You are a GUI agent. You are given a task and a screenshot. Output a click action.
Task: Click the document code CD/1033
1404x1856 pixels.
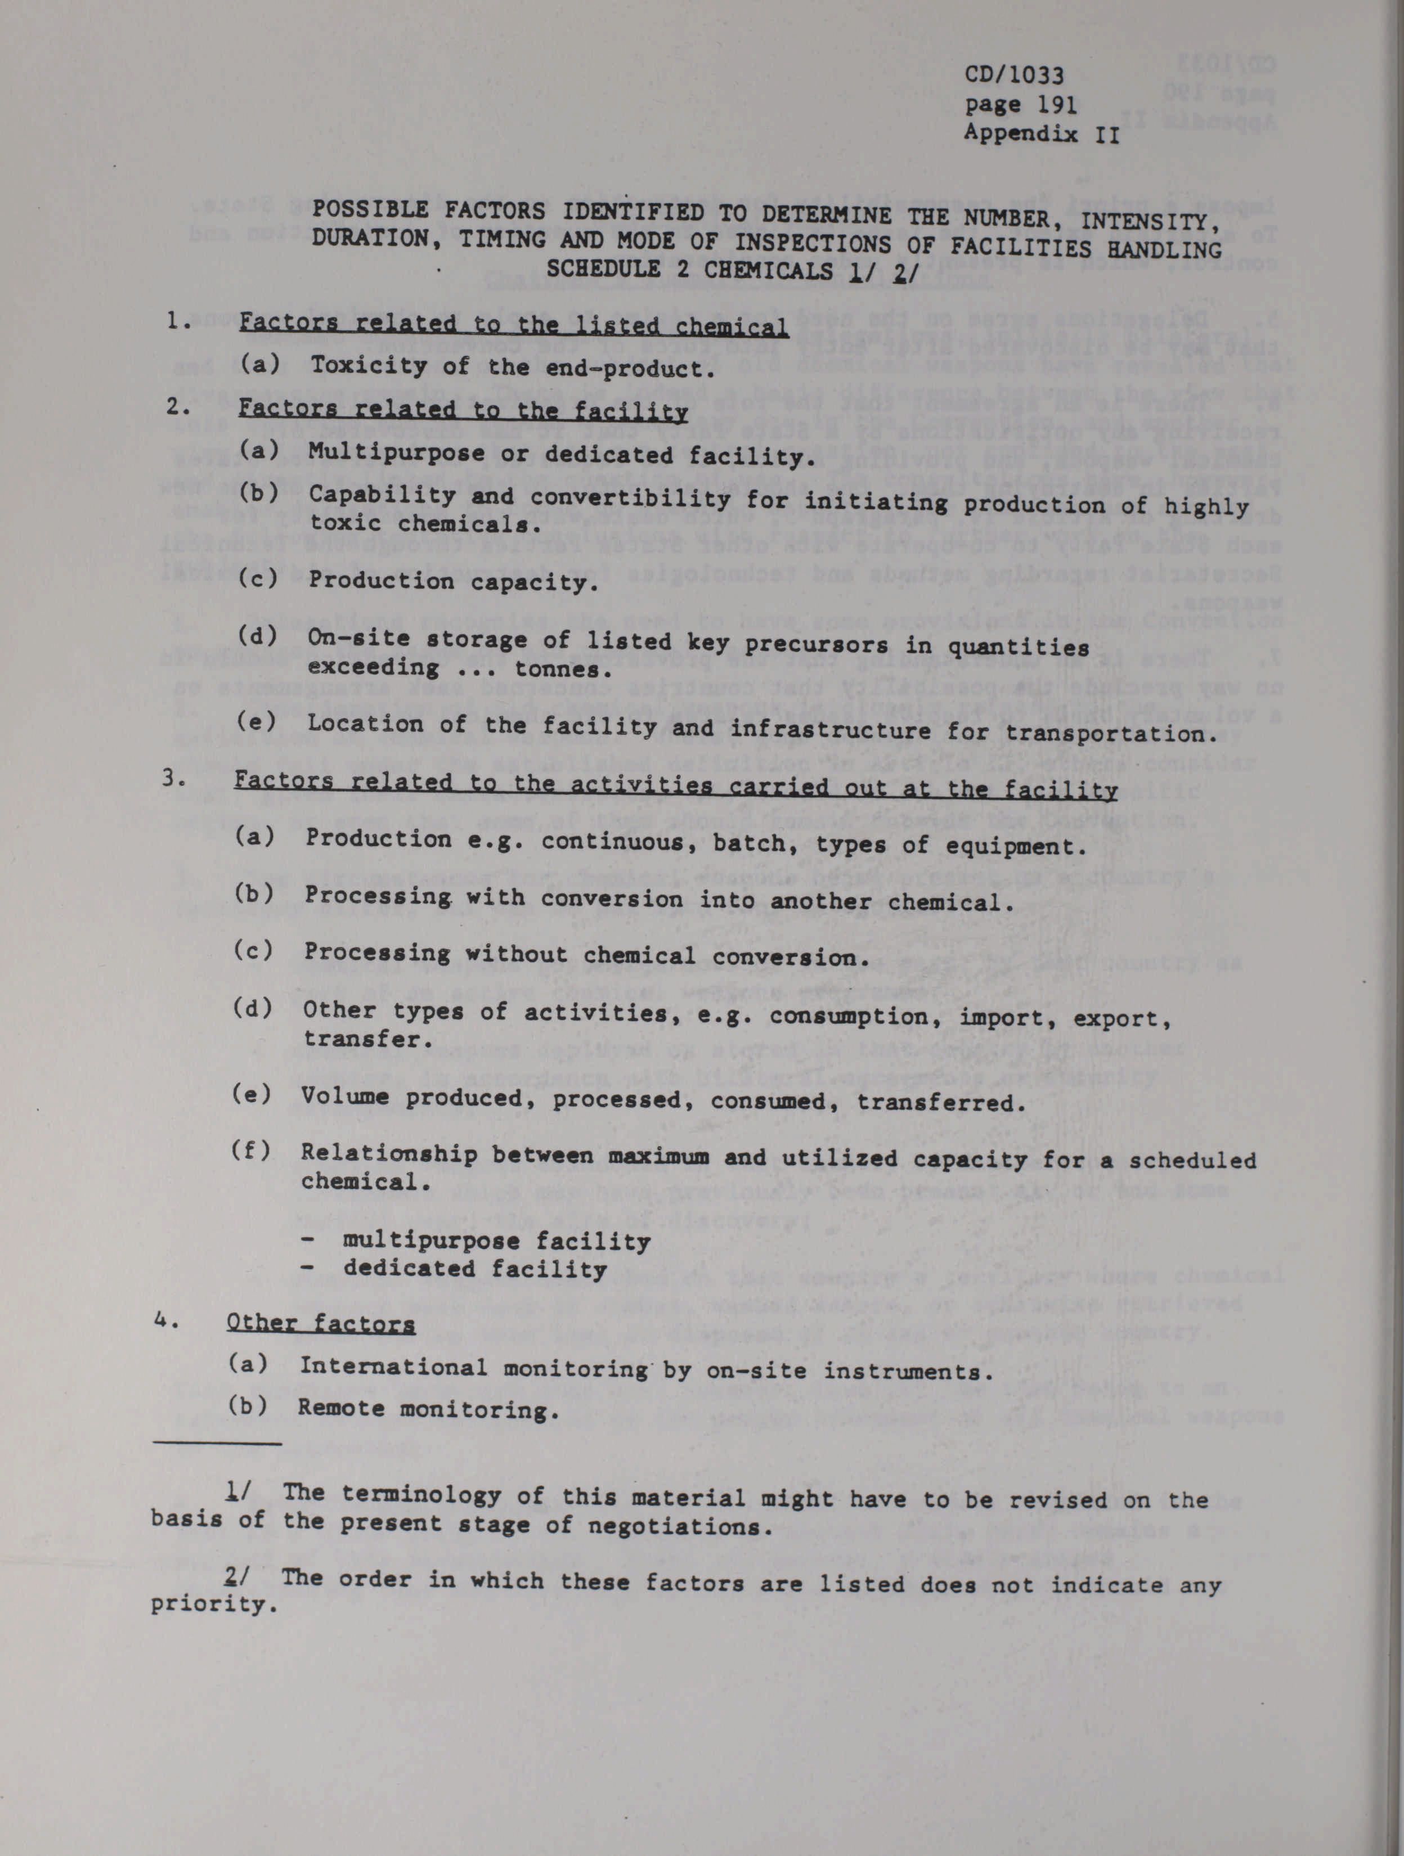[x=1014, y=75]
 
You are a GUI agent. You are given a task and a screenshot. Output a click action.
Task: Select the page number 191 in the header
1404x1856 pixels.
[x=1049, y=105]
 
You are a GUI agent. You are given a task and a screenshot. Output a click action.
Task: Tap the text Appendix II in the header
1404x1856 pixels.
[x=1042, y=133]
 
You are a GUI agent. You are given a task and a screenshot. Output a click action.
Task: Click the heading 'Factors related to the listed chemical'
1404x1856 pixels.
[x=514, y=325]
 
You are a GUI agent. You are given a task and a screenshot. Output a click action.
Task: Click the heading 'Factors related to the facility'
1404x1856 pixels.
[x=463, y=411]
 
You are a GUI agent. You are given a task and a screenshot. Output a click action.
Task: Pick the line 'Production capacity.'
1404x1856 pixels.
[x=453, y=582]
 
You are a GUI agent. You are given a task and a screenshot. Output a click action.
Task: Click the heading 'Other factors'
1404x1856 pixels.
[x=321, y=1324]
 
